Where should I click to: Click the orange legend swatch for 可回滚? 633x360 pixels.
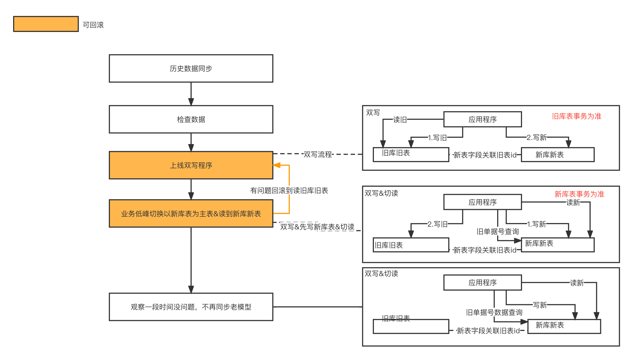(x=46, y=24)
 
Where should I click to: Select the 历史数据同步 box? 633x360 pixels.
(x=191, y=68)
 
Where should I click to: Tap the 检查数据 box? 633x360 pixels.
(x=191, y=119)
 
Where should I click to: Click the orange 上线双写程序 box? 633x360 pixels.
(x=191, y=165)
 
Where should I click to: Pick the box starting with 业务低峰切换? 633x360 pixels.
(x=191, y=213)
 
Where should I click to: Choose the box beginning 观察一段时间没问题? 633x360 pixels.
(x=191, y=307)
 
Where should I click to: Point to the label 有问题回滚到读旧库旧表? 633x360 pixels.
(x=289, y=191)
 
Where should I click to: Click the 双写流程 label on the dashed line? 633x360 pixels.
(x=318, y=154)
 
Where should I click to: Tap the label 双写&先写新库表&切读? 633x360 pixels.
(x=317, y=227)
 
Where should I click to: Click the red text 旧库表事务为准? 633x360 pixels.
(x=576, y=116)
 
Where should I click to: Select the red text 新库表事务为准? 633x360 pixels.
(x=579, y=194)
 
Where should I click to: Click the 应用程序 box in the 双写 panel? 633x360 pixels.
(x=482, y=119)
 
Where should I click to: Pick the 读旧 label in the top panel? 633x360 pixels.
(x=400, y=120)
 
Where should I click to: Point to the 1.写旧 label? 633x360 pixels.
(x=437, y=137)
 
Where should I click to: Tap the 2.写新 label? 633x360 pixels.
(x=537, y=137)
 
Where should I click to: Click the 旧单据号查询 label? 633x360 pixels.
(x=497, y=232)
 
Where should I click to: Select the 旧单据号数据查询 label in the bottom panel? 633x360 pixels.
(x=494, y=312)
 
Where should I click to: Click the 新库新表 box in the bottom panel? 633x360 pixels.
(x=564, y=326)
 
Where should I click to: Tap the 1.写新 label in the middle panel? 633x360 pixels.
(x=537, y=224)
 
